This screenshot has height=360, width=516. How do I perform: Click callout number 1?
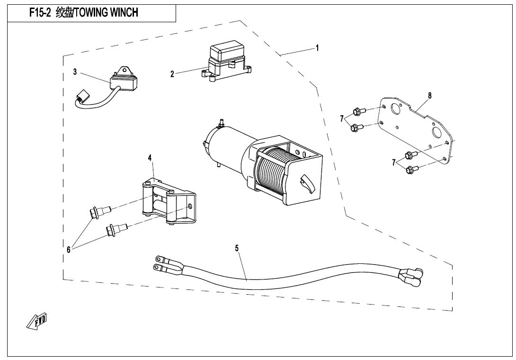[x=317, y=48]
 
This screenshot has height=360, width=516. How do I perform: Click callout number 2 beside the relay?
[x=172, y=73]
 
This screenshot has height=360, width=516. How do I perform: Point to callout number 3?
[x=75, y=72]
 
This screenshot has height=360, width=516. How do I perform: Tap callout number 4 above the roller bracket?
[x=150, y=157]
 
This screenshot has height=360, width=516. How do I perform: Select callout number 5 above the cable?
[x=237, y=247]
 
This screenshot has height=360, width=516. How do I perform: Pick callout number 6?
[x=69, y=250]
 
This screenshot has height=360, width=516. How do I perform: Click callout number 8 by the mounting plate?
[x=429, y=95]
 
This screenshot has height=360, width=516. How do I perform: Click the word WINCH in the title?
[x=125, y=13]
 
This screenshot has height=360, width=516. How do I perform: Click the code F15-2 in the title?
[x=40, y=13]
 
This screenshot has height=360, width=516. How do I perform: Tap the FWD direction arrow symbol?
[x=37, y=322]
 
